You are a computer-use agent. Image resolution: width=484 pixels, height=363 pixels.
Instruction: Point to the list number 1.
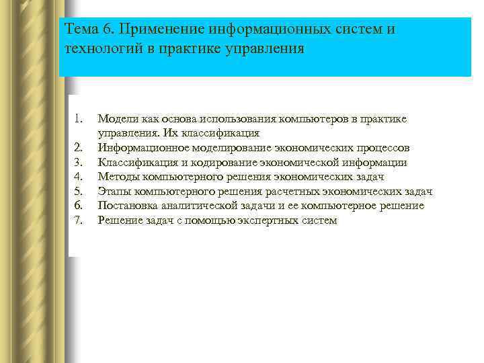point(77,119)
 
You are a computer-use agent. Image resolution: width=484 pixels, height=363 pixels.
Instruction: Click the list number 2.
point(77,147)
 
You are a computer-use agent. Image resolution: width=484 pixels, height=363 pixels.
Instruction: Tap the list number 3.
point(77,162)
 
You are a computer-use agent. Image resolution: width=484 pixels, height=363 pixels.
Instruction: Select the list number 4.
point(77,177)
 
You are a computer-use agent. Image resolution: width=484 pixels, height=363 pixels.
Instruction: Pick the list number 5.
point(77,191)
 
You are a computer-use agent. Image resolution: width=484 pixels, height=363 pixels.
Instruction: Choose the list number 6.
point(77,206)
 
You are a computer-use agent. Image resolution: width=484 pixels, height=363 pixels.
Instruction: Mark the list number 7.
point(77,220)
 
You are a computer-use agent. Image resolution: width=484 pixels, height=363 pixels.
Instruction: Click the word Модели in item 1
point(116,119)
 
